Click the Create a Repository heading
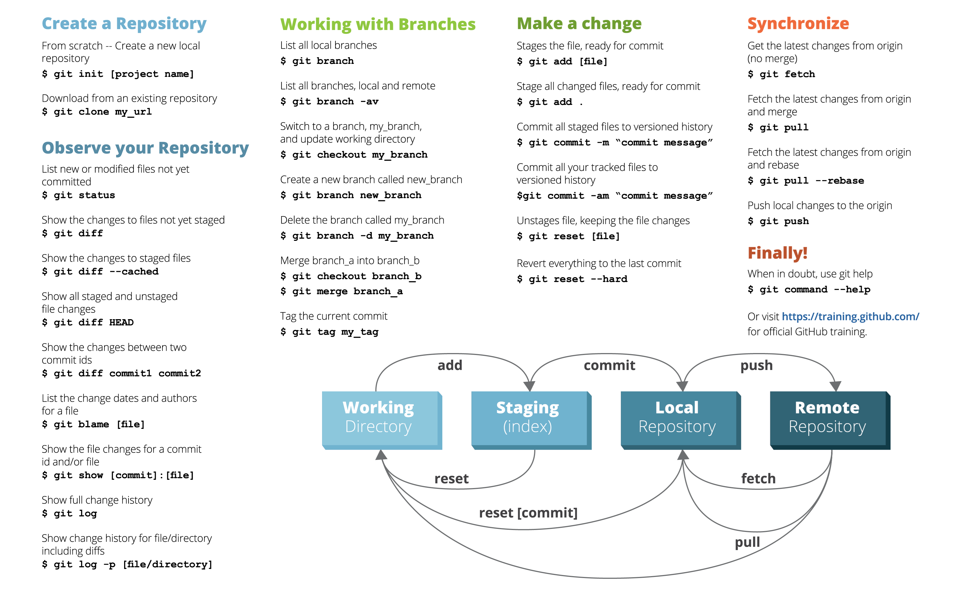(x=124, y=24)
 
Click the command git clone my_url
(x=97, y=112)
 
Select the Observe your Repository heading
(x=145, y=148)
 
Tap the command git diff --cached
(x=101, y=272)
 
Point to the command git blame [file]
(x=93, y=424)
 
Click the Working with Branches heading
(x=378, y=24)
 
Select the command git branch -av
(x=330, y=102)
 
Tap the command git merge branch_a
(x=342, y=291)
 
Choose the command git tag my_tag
(x=329, y=332)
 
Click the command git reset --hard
(x=572, y=279)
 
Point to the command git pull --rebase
(x=806, y=181)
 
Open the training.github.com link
(x=850, y=316)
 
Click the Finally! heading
(x=777, y=253)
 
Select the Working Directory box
(x=382, y=420)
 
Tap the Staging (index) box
(x=531, y=420)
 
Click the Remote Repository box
(x=830, y=420)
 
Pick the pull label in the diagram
(x=747, y=542)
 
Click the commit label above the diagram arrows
(x=609, y=365)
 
